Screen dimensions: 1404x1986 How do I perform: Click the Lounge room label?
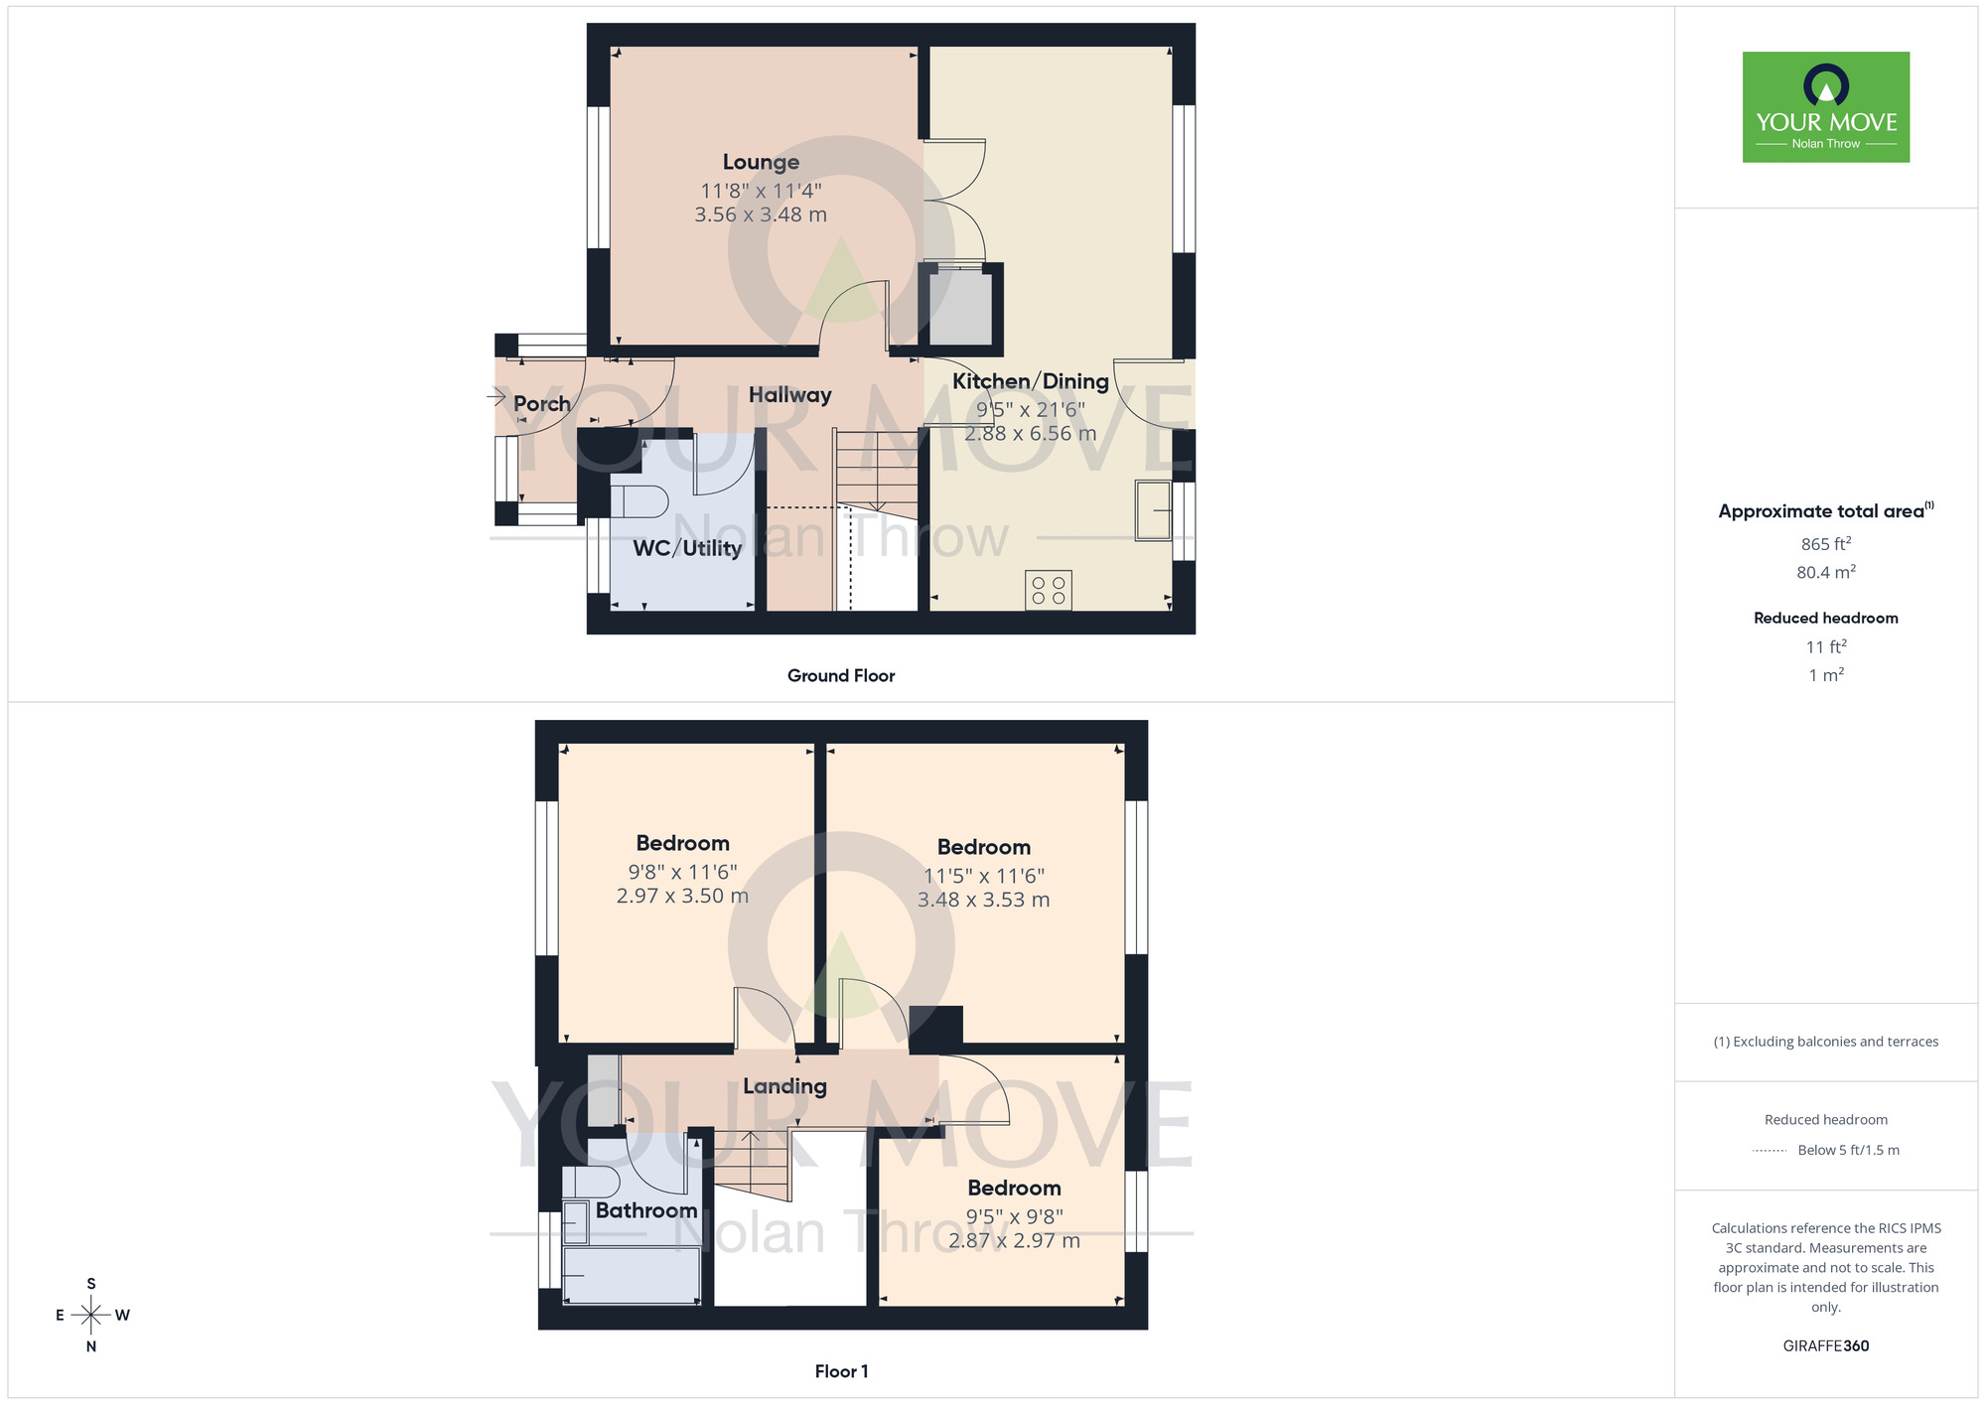click(x=761, y=162)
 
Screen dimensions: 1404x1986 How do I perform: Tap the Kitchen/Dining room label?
click(x=1030, y=381)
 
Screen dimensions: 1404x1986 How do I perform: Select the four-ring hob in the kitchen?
click(x=1049, y=590)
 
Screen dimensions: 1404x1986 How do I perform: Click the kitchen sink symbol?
click(x=1153, y=510)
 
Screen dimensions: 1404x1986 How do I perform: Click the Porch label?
click(x=541, y=404)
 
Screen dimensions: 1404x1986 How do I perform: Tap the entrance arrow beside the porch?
click(x=496, y=397)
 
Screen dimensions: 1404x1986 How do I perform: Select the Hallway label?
click(x=789, y=395)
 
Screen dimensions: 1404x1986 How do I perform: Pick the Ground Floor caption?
click(x=841, y=676)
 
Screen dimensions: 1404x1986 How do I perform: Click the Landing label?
click(x=784, y=1086)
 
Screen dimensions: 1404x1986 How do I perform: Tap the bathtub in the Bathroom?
click(x=632, y=1275)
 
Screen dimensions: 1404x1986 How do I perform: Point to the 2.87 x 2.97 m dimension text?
click(x=1014, y=1241)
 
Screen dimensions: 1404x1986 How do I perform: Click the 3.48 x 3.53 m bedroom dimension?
click(x=983, y=901)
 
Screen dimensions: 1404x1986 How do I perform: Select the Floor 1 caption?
click(x=841, y=1371)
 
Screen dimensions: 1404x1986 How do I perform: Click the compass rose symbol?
click(x=91, y=1316)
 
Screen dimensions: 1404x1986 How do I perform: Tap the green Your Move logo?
click(x=1825, y=107)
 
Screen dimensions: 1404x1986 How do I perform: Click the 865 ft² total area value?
click(x=1825, y=544)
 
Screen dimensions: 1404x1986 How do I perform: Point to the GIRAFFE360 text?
click(x=1825, y=1346)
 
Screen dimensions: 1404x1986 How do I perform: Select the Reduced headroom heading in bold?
click(x=1825, y=619)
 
